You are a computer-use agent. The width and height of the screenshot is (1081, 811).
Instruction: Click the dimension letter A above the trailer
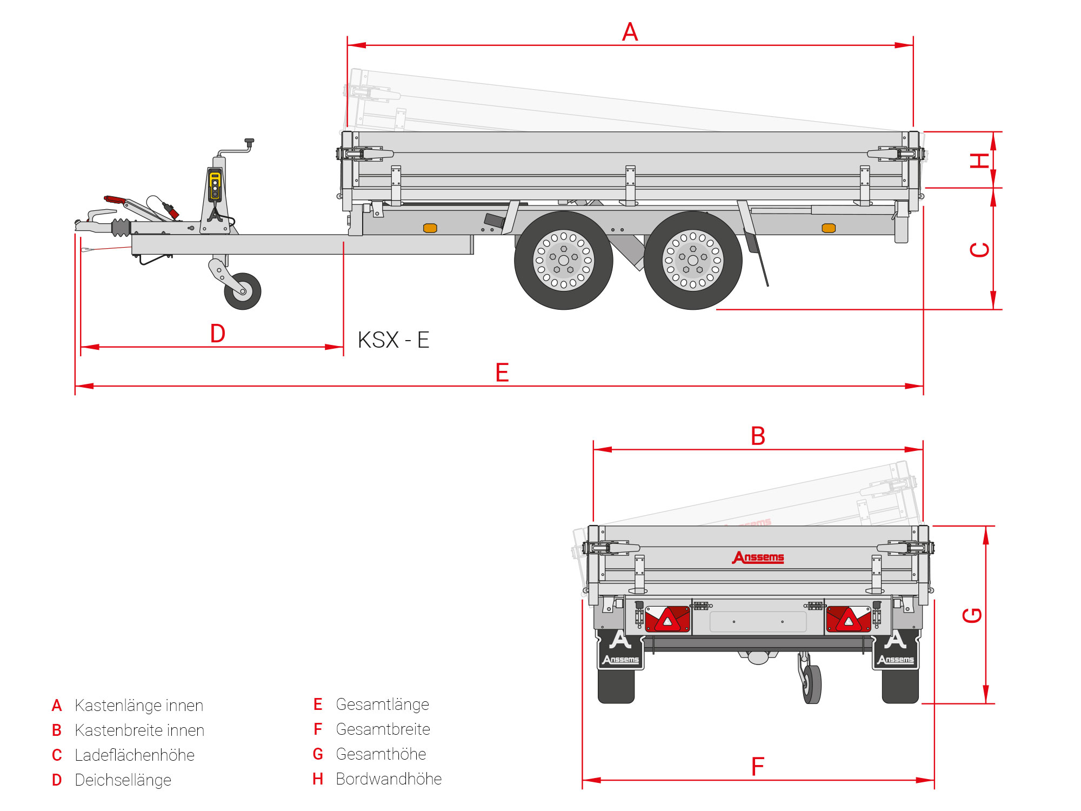click(630, 32)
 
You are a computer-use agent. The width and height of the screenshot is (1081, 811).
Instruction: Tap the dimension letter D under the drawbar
click(218, 334)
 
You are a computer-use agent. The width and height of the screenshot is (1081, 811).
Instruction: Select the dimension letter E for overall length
click(502, 373)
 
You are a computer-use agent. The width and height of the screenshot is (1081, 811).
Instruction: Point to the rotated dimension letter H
click(979, 161)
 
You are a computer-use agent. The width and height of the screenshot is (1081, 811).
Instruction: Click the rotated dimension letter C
click(979, 250)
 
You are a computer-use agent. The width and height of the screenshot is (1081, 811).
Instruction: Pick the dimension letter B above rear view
click(758, 436)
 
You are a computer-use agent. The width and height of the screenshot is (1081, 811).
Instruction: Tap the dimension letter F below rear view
click(758, 767)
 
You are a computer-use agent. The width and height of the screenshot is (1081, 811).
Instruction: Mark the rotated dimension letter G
click(972, 615)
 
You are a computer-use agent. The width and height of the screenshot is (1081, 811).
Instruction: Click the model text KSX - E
click(393, 340)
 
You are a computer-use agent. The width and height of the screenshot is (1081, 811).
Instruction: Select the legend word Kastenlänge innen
click(139, 706)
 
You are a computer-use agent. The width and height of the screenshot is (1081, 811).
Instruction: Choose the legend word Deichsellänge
click(123, 780)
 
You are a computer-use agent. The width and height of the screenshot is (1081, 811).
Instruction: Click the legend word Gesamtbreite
click(383, 729)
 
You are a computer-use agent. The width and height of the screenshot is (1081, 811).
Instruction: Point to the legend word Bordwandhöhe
click(389, 779)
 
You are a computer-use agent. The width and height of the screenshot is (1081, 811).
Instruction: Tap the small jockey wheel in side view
click(243, 291)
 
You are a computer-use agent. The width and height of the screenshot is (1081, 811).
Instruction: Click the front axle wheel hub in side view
click(563, 260)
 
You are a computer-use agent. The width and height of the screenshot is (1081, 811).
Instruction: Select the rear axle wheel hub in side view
click(693, 260)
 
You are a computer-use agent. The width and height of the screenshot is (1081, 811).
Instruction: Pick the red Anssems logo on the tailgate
click(758, 557)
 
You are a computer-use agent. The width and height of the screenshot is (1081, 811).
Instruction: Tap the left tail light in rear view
click(668, 620)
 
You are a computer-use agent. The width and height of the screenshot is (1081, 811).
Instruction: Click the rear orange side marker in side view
click(829, 228)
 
